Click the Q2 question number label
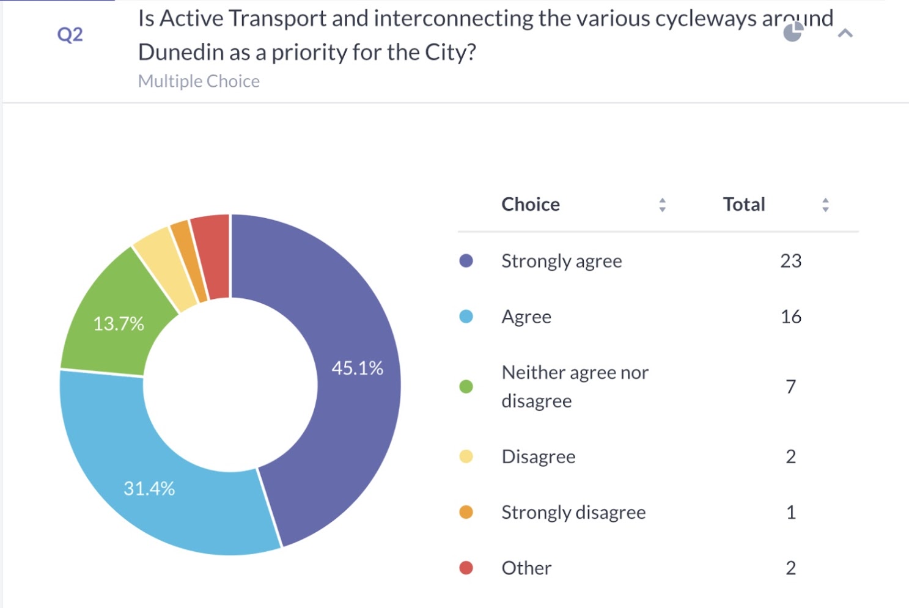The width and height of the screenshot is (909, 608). [70, 34]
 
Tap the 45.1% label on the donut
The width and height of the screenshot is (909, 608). [357, 368]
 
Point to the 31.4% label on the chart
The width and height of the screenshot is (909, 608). [149, 488]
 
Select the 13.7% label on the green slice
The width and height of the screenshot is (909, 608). [119, 323]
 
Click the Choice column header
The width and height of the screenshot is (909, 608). [531, 204]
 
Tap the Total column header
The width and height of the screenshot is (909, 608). [743, 204]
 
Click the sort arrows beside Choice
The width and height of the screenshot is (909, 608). [662, 205]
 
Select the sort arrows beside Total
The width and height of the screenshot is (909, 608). [825, 205]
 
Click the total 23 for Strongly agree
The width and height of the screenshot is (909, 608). [790, 261]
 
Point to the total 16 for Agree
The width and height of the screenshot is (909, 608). [790, 317]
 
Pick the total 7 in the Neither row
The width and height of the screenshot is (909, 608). [790, 386]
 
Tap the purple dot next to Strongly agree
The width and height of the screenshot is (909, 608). [466, 261]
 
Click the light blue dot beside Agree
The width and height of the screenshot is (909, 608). [466, 317]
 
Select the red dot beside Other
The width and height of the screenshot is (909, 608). [466, 568]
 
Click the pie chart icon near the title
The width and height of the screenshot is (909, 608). [793, 32]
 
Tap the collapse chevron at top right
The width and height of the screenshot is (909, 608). [845, 33]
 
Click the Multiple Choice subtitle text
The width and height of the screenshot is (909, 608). [199, 81]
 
